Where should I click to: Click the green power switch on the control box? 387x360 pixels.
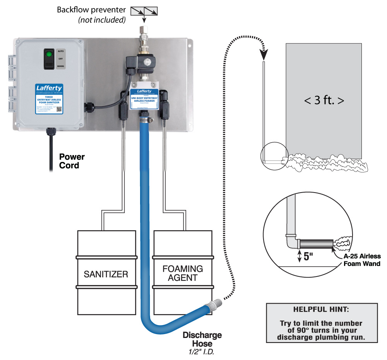[49, 58]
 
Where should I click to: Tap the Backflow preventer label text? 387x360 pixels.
[91, 10]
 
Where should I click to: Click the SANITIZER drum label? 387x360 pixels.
[106, 274]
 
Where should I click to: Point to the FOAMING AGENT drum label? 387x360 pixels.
[183, 273]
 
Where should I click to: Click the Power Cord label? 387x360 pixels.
[72, 161]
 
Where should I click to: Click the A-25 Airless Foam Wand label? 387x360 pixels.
[362, 260]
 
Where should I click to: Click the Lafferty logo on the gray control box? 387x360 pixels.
[49, 88]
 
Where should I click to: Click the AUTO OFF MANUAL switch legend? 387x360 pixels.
[61, 58]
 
